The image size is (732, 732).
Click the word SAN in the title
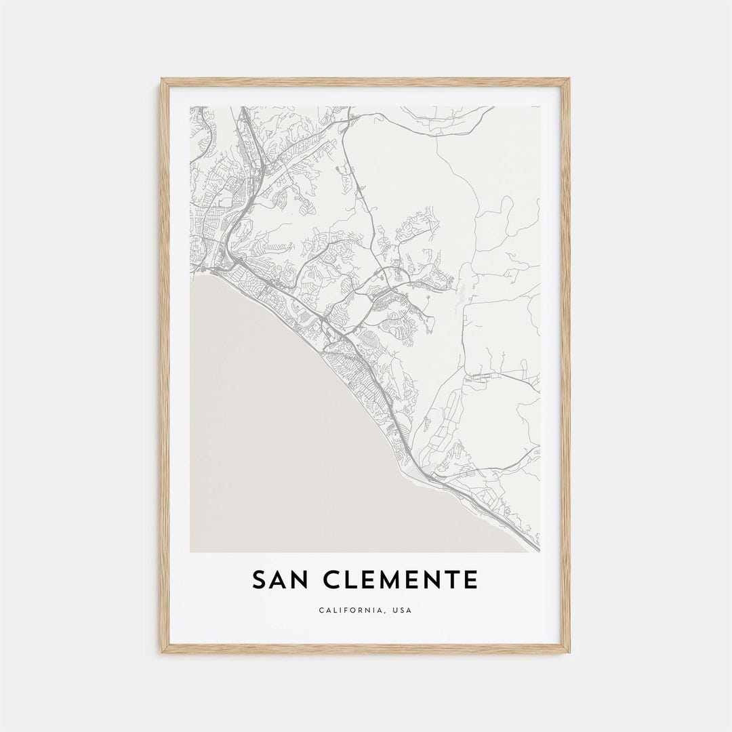click(280, 580)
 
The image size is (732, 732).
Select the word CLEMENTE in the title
click(401, 580)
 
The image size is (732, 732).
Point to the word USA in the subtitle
click(401, 610)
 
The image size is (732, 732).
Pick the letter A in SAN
click(279, 580)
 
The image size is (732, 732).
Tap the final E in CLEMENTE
click(470, 580)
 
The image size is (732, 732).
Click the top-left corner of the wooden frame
click(163, 80)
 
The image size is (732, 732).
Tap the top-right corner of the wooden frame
click(568, 80)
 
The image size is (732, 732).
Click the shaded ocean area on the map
click(285, 441)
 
